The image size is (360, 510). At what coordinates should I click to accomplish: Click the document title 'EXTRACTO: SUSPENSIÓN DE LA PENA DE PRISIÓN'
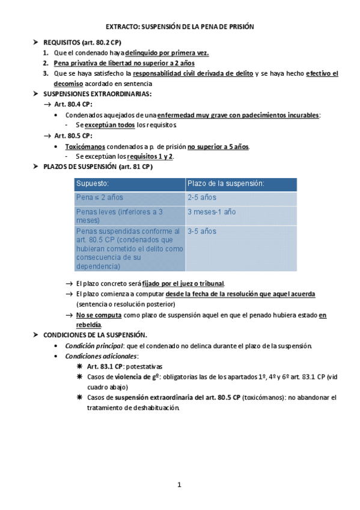tap(180, 27)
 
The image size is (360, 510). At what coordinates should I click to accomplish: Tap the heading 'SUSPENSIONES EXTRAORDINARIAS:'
tap(97, 94)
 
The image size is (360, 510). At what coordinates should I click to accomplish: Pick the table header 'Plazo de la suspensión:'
tap(226, 183)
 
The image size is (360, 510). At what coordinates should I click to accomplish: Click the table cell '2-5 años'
tap(202, 197)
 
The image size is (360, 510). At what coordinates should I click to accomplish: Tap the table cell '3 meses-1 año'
tap(212, 212)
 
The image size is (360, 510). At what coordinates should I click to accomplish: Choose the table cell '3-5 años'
tap(202, 231)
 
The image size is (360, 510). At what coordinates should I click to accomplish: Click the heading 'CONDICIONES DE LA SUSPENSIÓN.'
tap(95, 334)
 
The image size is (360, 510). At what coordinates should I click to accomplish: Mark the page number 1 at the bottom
tap(179, 485)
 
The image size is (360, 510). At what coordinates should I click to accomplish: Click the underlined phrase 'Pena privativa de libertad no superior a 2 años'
tap(124, 63)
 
